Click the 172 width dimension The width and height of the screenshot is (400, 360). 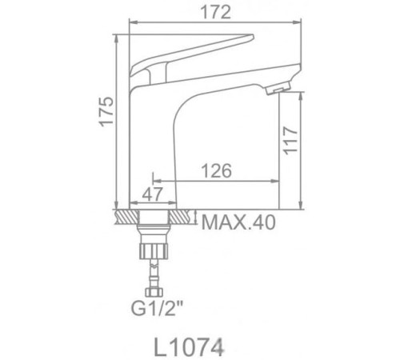click(x=210, y=12)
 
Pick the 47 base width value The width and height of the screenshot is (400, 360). click(x=154, y=193)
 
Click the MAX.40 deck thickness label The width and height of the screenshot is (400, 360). click(x=237, y=222)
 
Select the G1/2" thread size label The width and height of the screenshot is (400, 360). click(x=158, y=304)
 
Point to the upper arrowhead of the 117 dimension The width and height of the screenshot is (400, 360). click(x=302, y=94)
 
